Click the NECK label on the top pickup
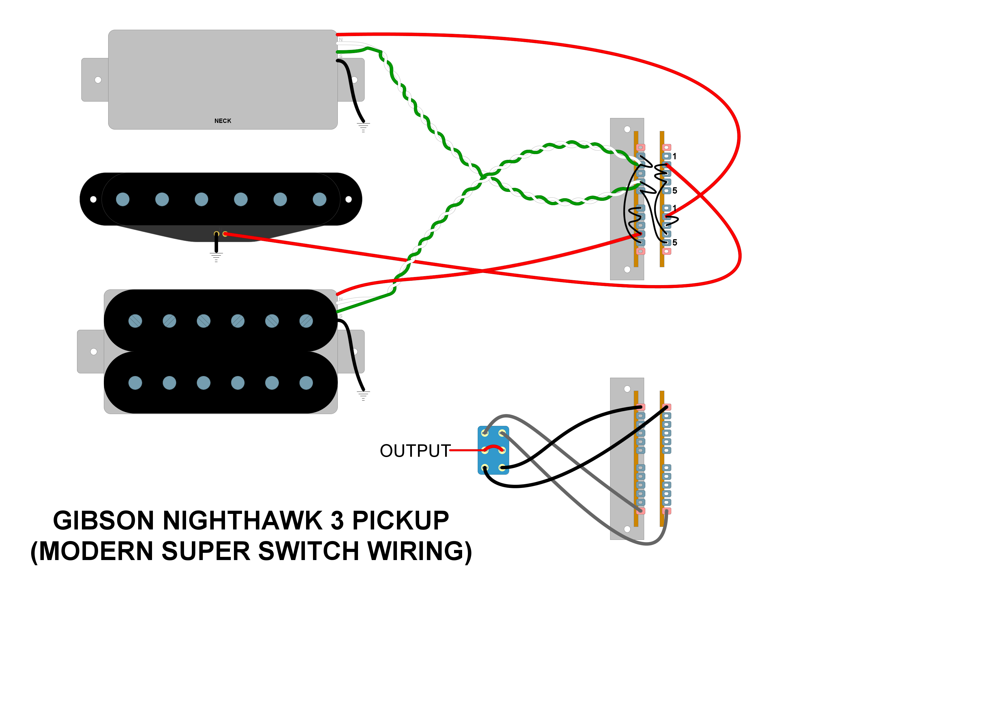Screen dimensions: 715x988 pyautogui.click(x=223, y=121)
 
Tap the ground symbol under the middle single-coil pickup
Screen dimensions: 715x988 pyautogui.click(x=216, y=257)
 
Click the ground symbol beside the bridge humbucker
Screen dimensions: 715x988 pyautogui.click(x=363, y=396)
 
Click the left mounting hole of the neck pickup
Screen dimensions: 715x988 pyautogui.click(x=98, y=80)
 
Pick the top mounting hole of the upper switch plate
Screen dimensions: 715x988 pyautogui.click(x=627, y=129)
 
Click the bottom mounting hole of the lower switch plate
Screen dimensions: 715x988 pyautogui.click(x=627, y=529)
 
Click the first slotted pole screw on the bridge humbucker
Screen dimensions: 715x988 pyautogui.click(x=135, y=321)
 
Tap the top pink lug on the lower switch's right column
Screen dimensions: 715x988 pyautogui.click(x=667, y=407)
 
